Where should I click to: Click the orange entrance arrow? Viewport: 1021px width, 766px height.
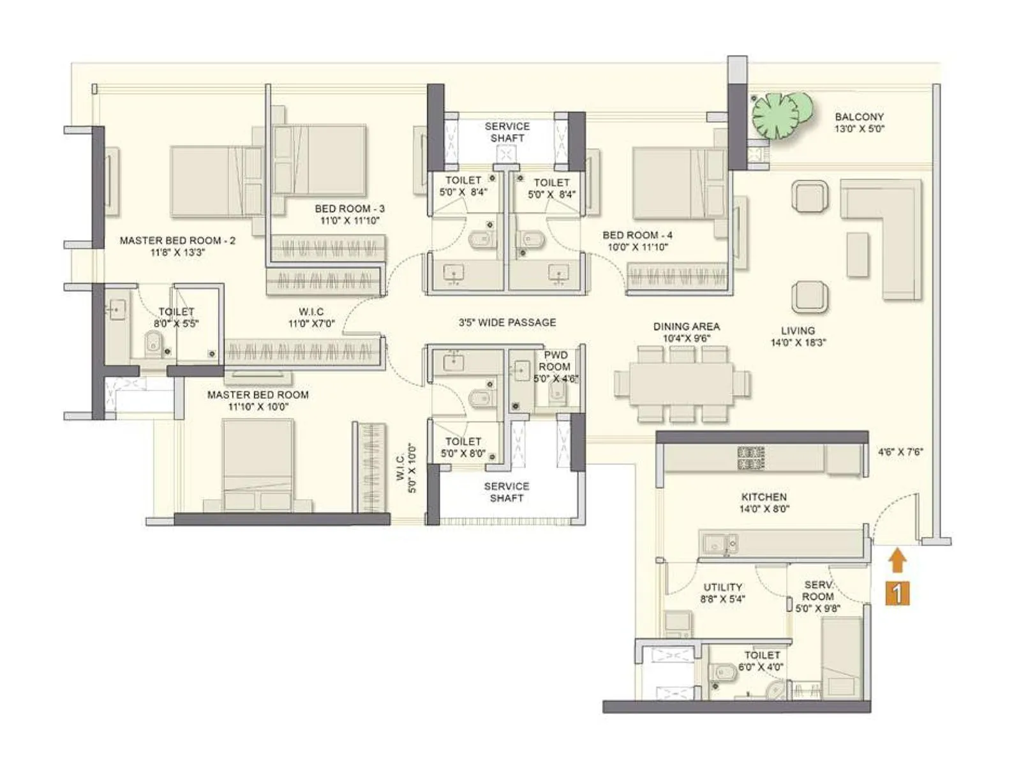point(897,561)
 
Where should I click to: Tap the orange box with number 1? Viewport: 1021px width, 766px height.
point(897,594)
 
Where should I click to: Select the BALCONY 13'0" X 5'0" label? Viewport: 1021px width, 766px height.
point(860,123)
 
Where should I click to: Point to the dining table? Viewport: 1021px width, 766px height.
point(681,383)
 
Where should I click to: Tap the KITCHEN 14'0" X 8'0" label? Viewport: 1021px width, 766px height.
point(764,502)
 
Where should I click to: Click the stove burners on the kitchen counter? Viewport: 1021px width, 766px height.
point(751,458)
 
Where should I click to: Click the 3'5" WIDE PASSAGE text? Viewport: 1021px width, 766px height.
point(507,322)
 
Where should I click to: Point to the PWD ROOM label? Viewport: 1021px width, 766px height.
point(554,361)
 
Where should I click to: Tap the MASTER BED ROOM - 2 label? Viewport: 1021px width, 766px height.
point(177,246)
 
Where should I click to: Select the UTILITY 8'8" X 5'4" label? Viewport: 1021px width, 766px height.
point(722,592)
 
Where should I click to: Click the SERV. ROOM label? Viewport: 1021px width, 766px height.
point(818,590)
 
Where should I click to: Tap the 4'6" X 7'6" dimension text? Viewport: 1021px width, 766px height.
point(900,452)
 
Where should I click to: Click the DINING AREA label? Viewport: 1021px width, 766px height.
point(686,332)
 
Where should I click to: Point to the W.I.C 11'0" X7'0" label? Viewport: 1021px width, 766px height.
point(311,317)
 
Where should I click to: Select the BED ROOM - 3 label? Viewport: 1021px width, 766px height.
point(350,214)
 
